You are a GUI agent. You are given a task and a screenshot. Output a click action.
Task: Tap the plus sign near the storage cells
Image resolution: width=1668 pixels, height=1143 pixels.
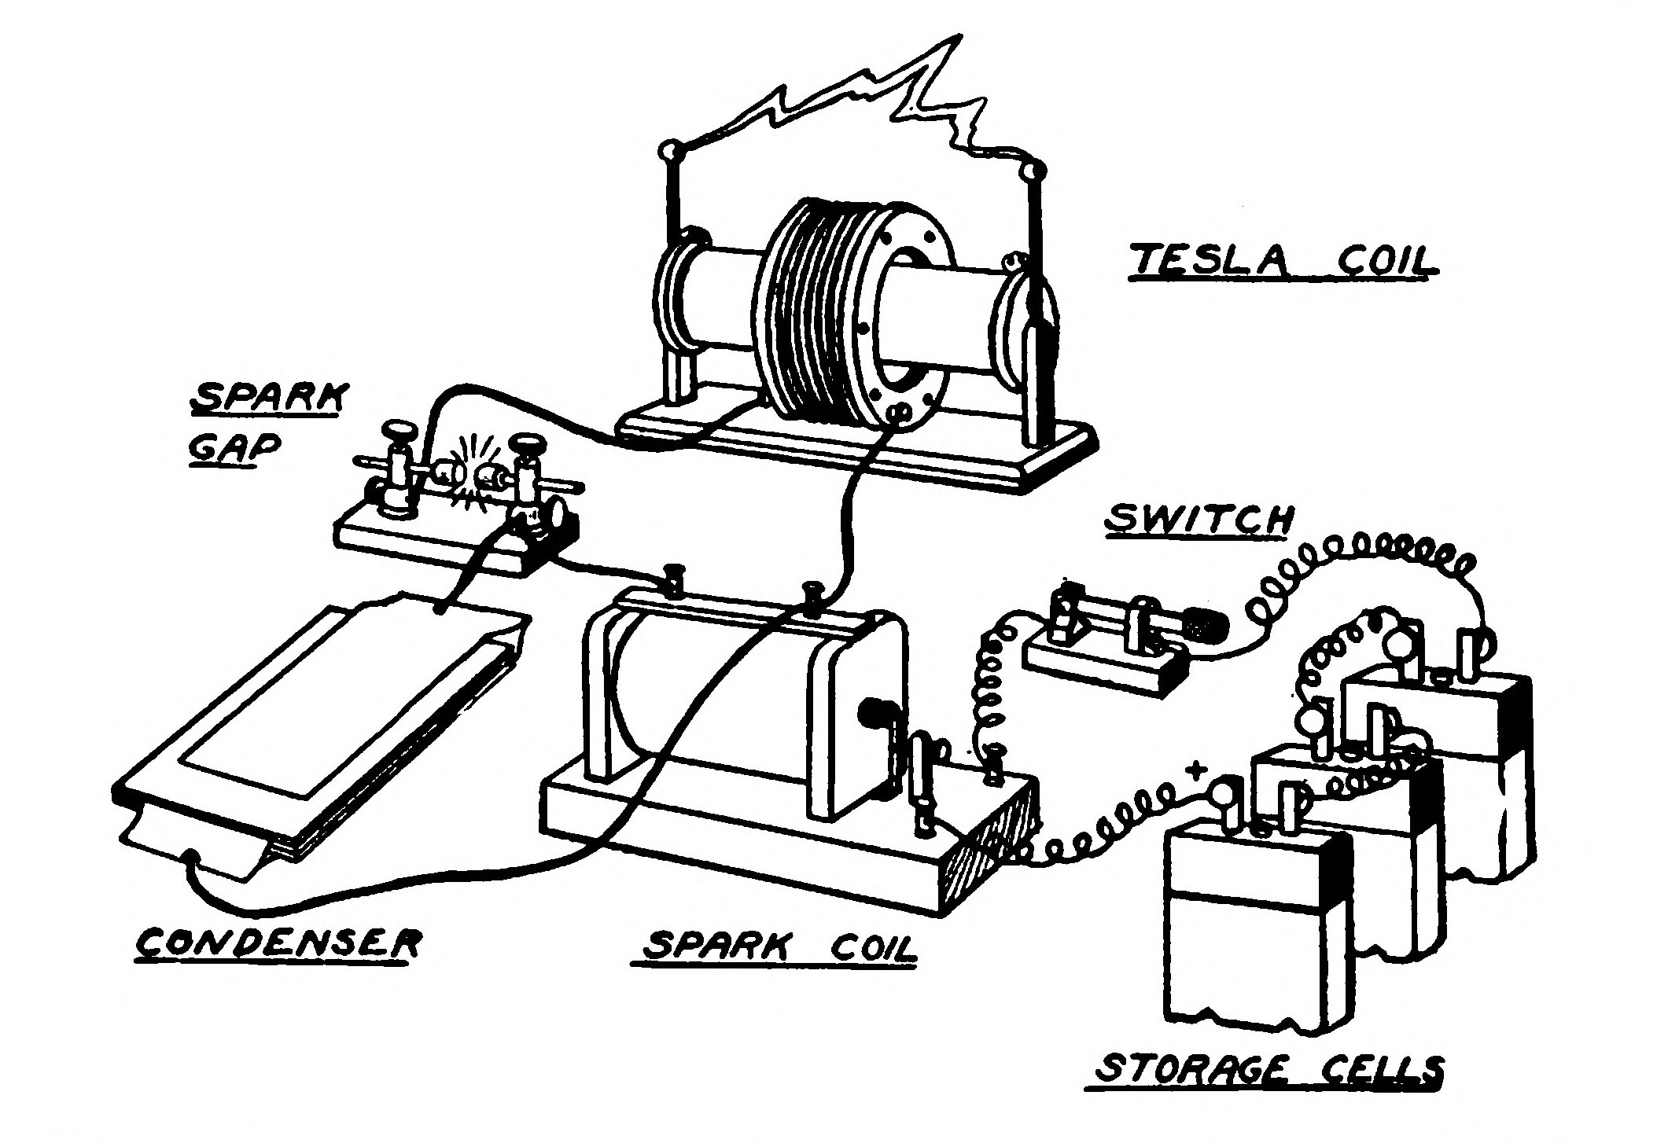pyautogui.click(x=1198, y=770)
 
